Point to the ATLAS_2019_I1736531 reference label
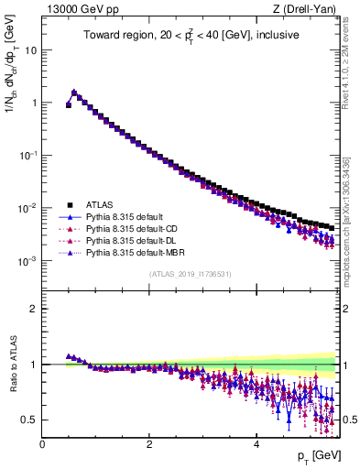click(189, 274)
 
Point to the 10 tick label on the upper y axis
click(30, 50)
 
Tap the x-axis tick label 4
click(256, 443)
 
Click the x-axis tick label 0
click(42, 443)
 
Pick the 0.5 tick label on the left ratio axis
click(27, 420)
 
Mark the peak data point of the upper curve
click(74, 92)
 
